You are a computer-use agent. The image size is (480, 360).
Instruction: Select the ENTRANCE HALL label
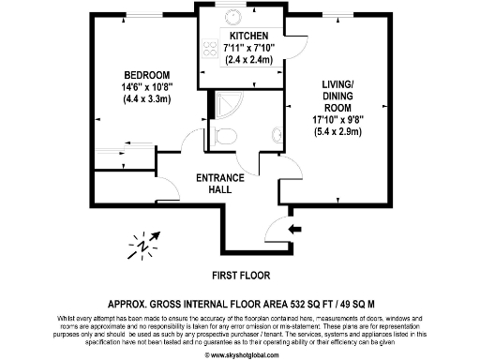(x=220, y=184)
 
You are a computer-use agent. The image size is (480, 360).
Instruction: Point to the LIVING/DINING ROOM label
(x=334, y=93)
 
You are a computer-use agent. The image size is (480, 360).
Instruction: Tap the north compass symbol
(x=143, y=246)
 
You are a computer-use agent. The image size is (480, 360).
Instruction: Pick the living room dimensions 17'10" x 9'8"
(x=334, y=118)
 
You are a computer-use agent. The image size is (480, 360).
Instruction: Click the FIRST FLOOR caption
(x=240, y=276)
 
